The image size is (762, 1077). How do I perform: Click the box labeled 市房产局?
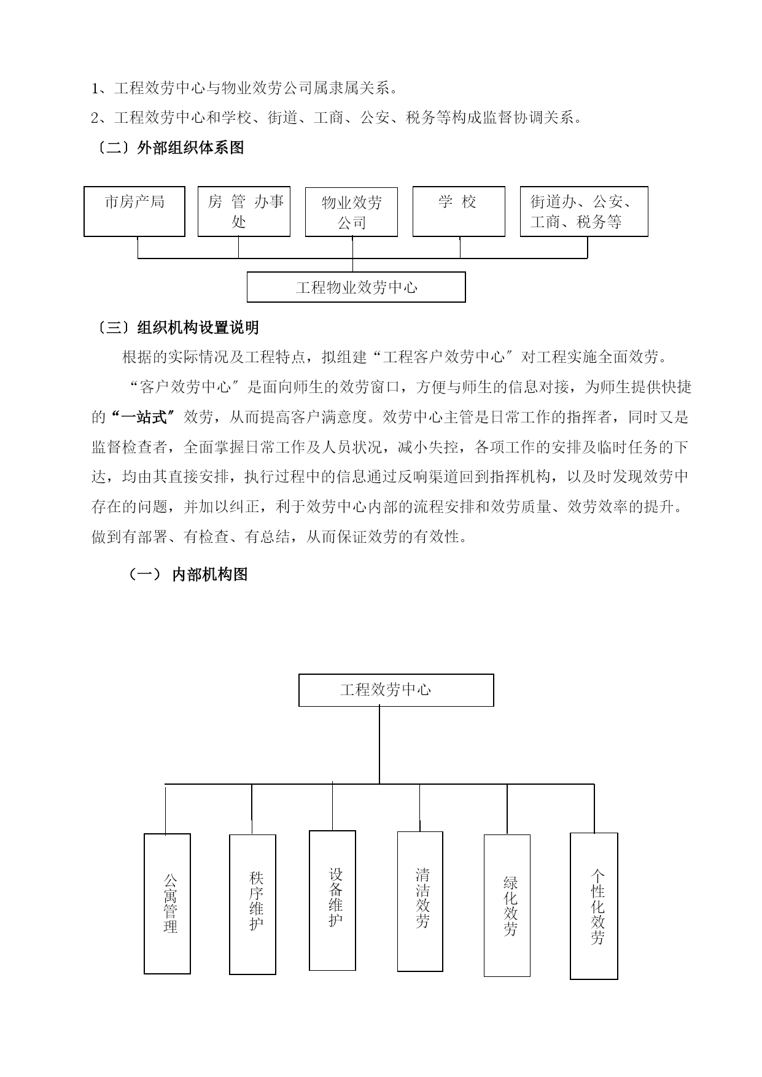point(134,211)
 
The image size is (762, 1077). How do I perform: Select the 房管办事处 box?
point(244,211)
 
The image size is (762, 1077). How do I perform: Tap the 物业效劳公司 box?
point(351,212)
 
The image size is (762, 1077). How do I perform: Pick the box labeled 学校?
point(459,212)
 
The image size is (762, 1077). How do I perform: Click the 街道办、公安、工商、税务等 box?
point(584,211)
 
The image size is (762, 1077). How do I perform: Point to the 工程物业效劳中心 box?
point(356,287)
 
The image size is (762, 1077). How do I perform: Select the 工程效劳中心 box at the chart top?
point(396,690)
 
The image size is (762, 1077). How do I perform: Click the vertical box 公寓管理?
point(167,903)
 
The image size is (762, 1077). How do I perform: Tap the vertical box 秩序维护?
point(252,904)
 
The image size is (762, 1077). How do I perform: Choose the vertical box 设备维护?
point(332,901)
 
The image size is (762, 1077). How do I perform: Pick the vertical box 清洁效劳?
point(420,901)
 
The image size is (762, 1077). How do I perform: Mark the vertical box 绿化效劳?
point(507,905)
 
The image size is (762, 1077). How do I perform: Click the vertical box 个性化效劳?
point(594,906)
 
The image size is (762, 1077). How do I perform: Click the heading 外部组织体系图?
point(191,147)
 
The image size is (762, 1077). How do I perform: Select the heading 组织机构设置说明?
point(198,327)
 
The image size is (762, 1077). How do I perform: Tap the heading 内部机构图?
point(210,574)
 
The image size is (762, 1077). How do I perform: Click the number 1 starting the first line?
point(95,88)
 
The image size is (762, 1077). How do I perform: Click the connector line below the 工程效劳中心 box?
point(379,745)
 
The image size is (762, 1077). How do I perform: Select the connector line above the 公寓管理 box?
point(166,809)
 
